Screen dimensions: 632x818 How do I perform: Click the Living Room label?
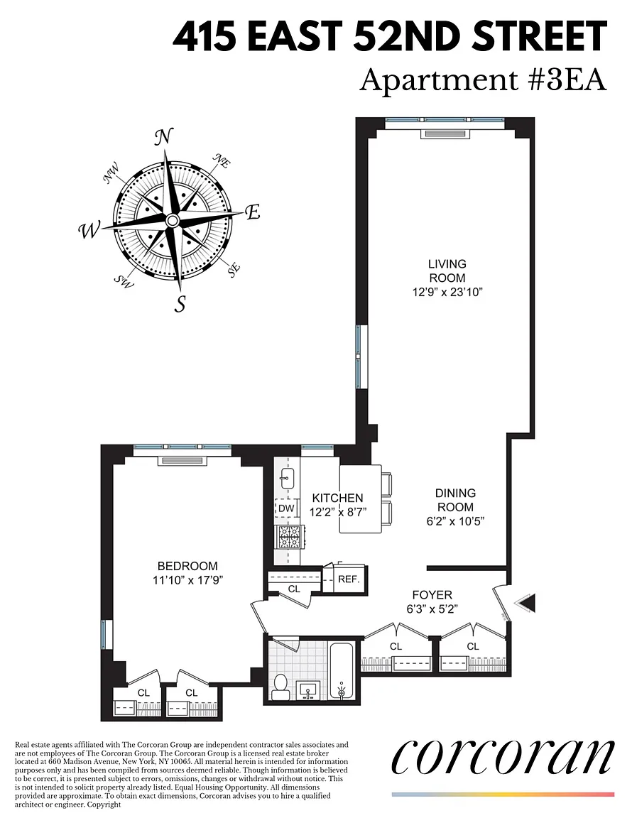[447, 271]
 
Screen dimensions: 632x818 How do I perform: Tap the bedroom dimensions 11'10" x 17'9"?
[188, 579]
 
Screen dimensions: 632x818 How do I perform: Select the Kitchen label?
[337, 498]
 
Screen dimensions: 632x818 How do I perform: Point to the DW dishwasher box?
[286, 508]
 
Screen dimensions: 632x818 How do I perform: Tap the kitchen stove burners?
[288, 538]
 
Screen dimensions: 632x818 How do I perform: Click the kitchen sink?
[288, 479]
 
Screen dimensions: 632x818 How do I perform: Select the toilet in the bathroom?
[280, 687]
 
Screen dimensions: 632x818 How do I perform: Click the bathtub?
[342, 670]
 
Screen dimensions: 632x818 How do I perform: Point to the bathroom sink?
[308, 690]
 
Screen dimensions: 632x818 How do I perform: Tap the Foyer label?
[432, 595]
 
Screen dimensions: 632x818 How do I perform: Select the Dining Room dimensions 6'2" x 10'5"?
[456, 520]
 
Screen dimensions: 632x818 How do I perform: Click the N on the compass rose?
[163, 137]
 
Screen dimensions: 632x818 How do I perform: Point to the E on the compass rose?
[253, 212]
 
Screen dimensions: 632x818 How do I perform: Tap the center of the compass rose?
[173, 222]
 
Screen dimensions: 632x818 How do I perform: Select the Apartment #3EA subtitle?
[484, 81]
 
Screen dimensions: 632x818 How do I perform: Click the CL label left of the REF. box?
[294, 589]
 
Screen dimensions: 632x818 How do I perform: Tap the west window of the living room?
[359, 357]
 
